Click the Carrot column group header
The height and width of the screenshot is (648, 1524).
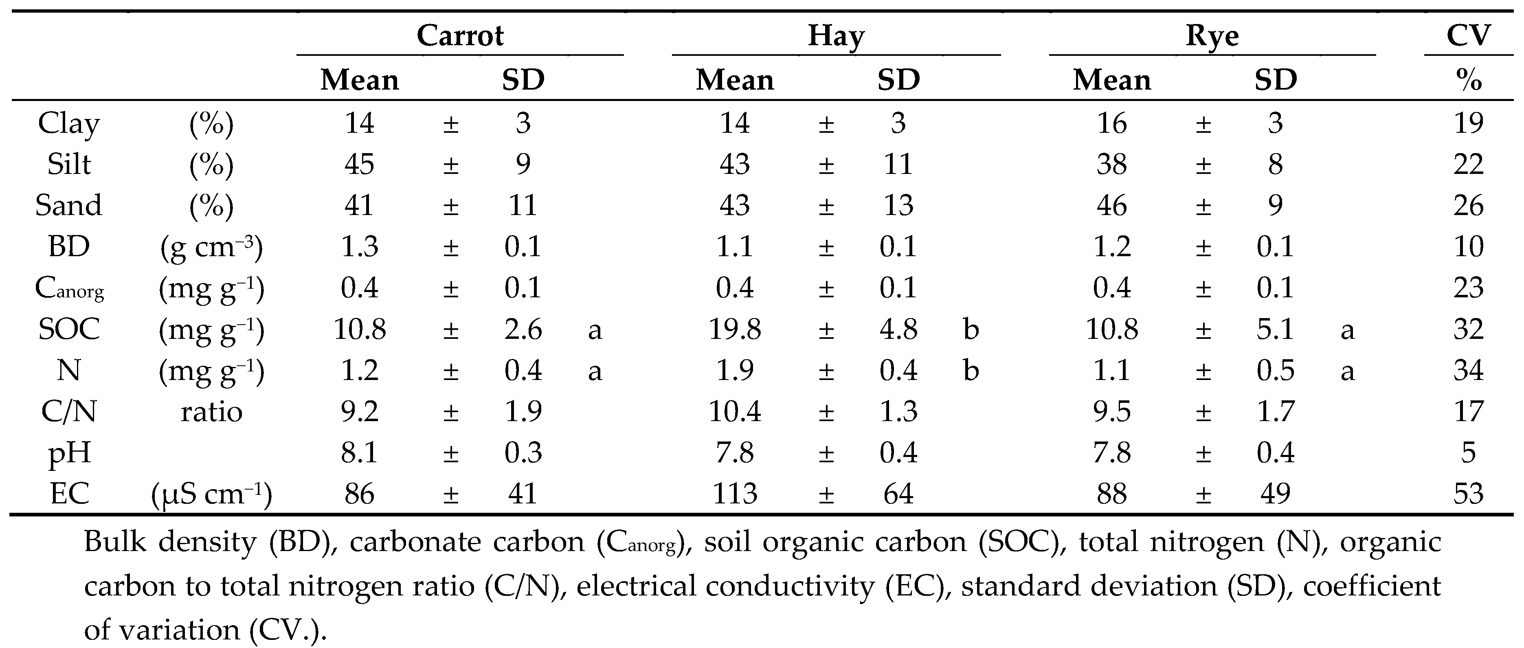coord(460,35)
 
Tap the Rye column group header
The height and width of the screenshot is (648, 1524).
coord(1212,35)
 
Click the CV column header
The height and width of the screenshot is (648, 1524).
coord(1468,35)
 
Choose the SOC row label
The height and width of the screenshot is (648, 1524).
coord(69,329)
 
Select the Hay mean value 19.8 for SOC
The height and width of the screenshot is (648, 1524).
coord(734,329)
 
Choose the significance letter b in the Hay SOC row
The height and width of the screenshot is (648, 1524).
coord(971,329)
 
